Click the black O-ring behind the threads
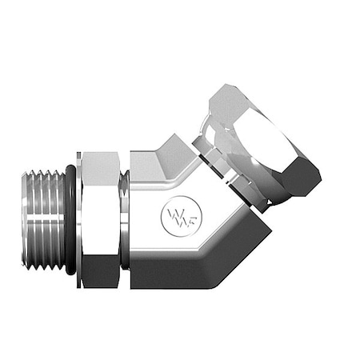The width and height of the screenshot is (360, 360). pyautogui.click(x=71, y=216)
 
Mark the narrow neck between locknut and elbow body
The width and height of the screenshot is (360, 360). pyautogui.click(x=123, y=216)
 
